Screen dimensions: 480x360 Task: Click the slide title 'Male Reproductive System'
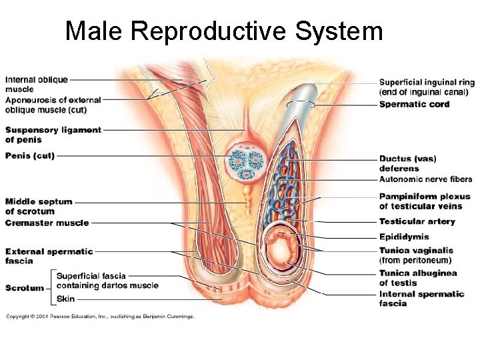pos(224,31)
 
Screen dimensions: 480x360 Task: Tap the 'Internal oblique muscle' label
pos(37,84)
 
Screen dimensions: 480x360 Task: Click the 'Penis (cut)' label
pos(30,156)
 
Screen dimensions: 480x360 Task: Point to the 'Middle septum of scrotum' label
pos(39,206)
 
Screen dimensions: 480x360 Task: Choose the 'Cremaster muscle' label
pos(47,223)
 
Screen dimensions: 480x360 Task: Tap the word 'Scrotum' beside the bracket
pos(25,288)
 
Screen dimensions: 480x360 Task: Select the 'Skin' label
pos(65,299)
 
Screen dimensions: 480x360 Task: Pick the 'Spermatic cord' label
pos(414,104)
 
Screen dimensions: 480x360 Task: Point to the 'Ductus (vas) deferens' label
pos(407,163)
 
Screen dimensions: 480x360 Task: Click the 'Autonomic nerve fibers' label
pos(425,179)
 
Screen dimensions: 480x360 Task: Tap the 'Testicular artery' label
pos(417,221)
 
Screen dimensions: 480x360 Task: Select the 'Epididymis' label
pos(404,237)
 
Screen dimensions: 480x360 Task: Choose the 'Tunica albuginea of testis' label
pos(418,277)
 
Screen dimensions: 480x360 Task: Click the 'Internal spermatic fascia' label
pos(421,299)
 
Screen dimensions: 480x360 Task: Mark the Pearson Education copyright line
pos(100,316)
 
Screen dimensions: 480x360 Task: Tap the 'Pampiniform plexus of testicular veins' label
pos(425,201)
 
